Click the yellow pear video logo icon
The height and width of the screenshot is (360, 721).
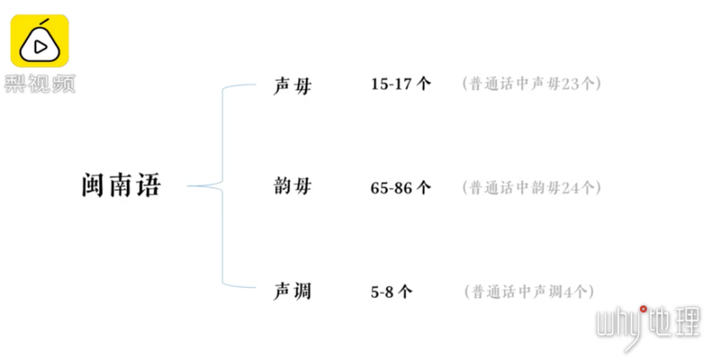tap(40, 40)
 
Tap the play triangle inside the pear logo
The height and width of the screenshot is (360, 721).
tap(40, 47)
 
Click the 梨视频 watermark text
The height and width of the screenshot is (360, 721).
tap(40, 83)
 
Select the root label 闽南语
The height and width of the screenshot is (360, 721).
tap(121, 186)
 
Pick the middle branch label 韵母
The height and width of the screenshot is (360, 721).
tap(292, 187)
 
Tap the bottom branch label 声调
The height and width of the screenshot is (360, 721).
tap(292, 291)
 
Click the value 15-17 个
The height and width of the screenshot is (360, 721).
tap(401, 84)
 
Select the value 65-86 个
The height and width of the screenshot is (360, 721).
tap(401, 188)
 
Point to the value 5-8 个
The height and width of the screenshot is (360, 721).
tap(392, 291)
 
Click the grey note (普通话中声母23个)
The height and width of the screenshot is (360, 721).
tap(531, 84)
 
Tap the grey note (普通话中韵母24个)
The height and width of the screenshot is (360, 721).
tap(531, 188)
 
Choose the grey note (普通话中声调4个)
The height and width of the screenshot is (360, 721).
tap(529, 292)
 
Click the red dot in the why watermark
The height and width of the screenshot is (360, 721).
tap(643, 309)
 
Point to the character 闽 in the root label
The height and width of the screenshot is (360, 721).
tap(94, 186)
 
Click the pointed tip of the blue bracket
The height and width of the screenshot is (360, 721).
tap(188, 186)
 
